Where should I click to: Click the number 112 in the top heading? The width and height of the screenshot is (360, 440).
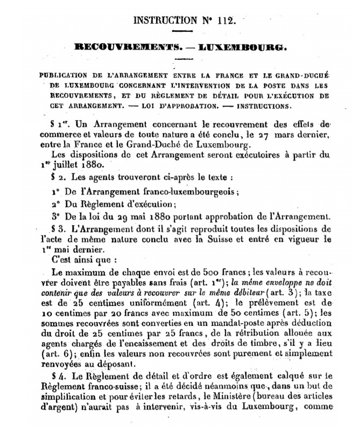point(223,21)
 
